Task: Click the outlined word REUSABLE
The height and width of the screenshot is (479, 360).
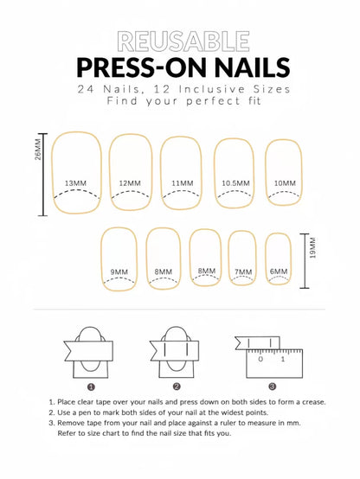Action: [x=183, y=42]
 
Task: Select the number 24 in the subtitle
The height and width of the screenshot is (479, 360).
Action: [x=85, y=89]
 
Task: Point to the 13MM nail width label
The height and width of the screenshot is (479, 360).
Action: [x=75, y=183]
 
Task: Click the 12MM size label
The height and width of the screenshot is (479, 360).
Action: [x=130, y=183]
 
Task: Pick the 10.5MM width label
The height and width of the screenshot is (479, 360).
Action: [x=235, y=183]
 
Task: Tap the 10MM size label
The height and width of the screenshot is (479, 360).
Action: [x=285, y=183]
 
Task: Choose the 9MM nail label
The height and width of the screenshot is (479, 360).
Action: [x=119, y=271]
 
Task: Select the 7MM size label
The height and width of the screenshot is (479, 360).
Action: [x=243, y=271]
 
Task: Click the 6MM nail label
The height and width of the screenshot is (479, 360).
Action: [x=279, y=271]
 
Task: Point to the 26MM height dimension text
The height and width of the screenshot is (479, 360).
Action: [x=37, y=150]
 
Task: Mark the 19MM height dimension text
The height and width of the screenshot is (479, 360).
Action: [x=312, y=248]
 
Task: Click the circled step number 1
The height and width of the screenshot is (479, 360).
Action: [x=91, y=387]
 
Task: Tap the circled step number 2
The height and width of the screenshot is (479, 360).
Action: [x=177, y=386]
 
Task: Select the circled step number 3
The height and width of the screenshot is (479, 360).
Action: [x=273, y=386]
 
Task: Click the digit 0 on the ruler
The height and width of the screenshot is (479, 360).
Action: [x=260, y=359]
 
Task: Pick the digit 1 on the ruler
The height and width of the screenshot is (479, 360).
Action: [x=283, y=359]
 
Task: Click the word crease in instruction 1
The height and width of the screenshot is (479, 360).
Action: [x=314, y=402]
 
